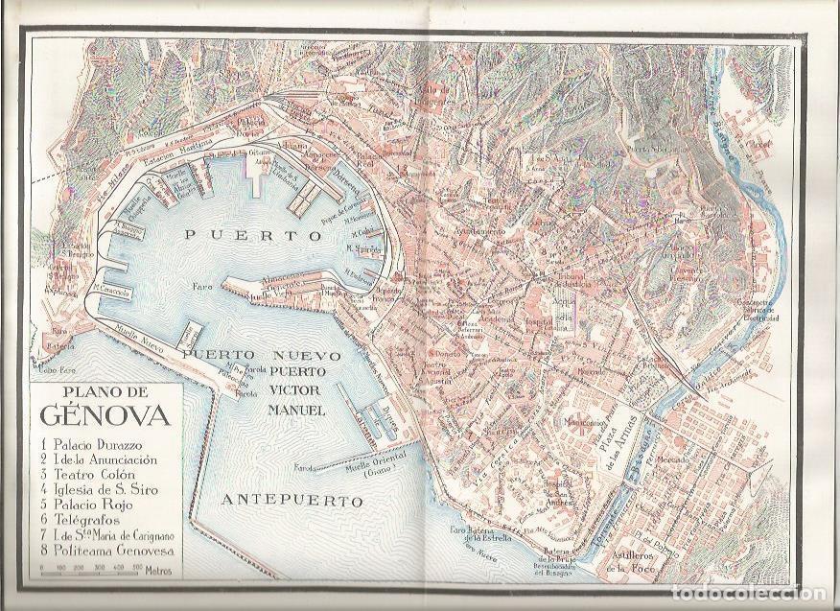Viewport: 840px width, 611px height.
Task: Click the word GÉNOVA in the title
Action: point(105,416)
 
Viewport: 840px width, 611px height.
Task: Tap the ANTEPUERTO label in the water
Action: point(292,500)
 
